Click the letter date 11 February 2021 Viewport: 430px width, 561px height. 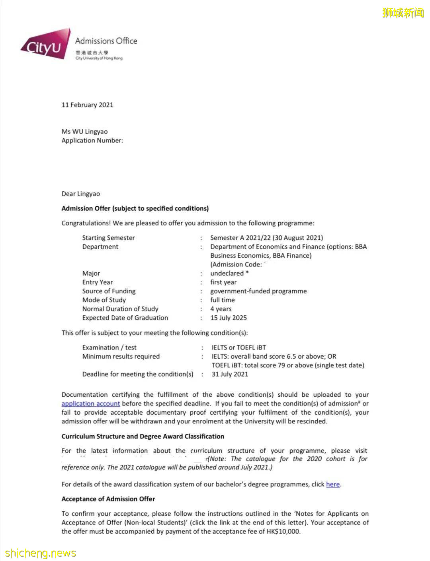click(x=87, y=105)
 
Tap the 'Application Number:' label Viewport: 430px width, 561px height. click(x=92, y=140)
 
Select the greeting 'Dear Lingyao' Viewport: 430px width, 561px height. click(x=80, y=194)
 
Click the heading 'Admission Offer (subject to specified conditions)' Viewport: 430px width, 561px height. click(x=135, y=208)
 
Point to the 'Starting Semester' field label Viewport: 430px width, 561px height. click(x=108, y=238)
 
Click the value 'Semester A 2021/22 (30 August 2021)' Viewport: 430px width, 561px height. click(x=266, y=238)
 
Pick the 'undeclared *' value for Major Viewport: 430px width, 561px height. click(x=229, y=273)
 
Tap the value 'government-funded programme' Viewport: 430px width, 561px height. click(x=258, y=291)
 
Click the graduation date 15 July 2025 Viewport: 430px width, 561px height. click(x=229, y=318)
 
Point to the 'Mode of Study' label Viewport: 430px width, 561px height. click(x=104, y=300)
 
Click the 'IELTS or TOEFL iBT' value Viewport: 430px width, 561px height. click(x=238, y=347)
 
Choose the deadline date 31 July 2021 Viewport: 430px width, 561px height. click(x=230, y=374)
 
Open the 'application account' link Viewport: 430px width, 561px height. click(x=90, y=404)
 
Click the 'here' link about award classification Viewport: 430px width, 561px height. click(x=333, y=484)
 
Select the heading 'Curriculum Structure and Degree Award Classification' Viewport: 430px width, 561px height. click(x=143, y=436)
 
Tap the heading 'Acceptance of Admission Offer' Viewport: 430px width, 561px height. click(x=108, y=499)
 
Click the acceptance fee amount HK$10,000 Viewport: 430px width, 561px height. click(x=283, y=532)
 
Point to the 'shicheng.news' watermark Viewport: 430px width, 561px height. click(x=40, y=553)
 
